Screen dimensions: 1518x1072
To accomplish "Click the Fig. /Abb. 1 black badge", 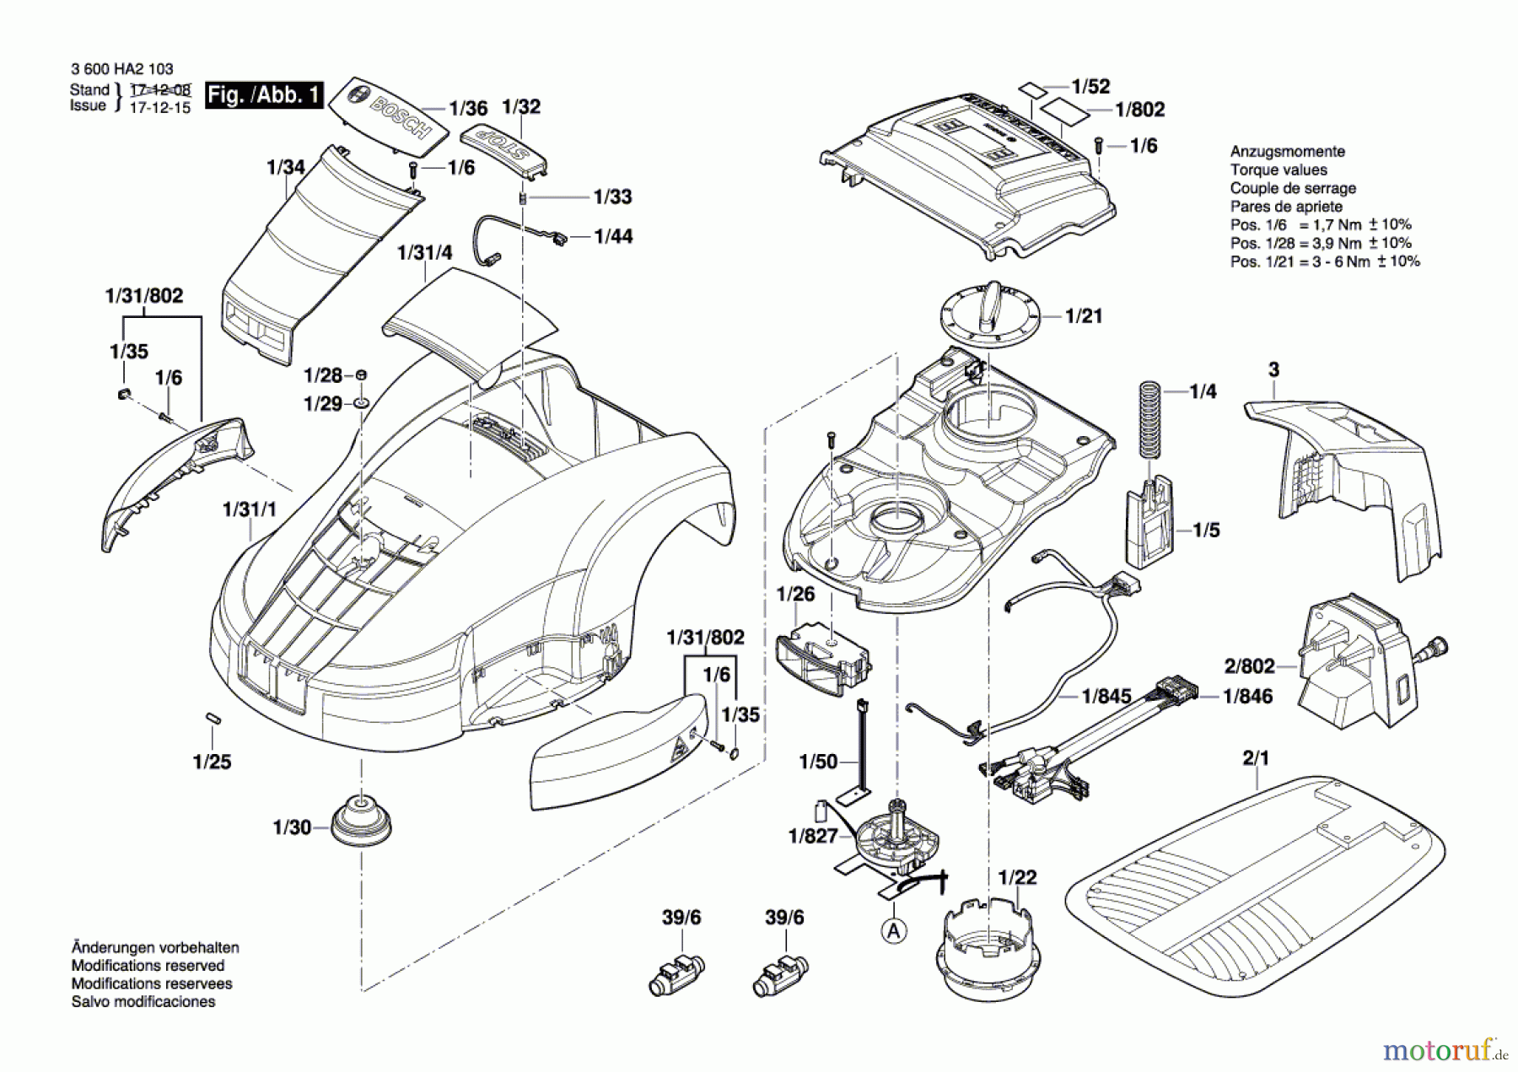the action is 264,94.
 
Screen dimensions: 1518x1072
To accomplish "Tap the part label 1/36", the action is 468,109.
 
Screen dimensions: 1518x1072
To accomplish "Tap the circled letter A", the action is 894,930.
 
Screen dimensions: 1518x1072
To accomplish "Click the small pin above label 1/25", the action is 213,719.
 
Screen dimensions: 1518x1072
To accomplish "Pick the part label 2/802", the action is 1249,666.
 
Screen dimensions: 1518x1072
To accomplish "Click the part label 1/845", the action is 1106,697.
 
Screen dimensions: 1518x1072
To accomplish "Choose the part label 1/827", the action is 813,836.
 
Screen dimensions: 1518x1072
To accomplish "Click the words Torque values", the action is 1278,170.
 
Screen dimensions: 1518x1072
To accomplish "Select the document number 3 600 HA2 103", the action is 122,69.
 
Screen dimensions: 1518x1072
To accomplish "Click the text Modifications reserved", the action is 148,966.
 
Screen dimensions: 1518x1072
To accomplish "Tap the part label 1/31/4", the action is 425,252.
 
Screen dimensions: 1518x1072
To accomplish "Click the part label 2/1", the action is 1256,758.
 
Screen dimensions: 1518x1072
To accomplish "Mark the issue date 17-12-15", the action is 159,108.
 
